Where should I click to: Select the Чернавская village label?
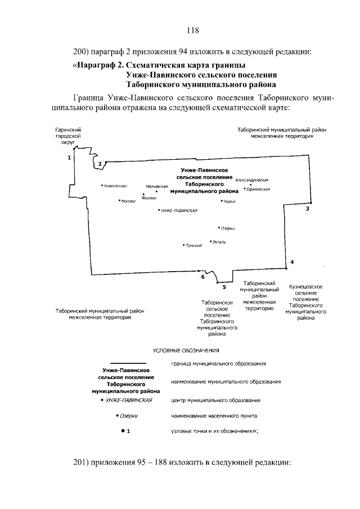157,186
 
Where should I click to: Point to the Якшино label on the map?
149,198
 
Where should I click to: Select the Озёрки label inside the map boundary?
227,228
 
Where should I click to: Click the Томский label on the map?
193,245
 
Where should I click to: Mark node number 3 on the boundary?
307,209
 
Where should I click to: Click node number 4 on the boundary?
292,262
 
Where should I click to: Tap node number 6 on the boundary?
202,277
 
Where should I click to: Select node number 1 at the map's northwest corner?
69,158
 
